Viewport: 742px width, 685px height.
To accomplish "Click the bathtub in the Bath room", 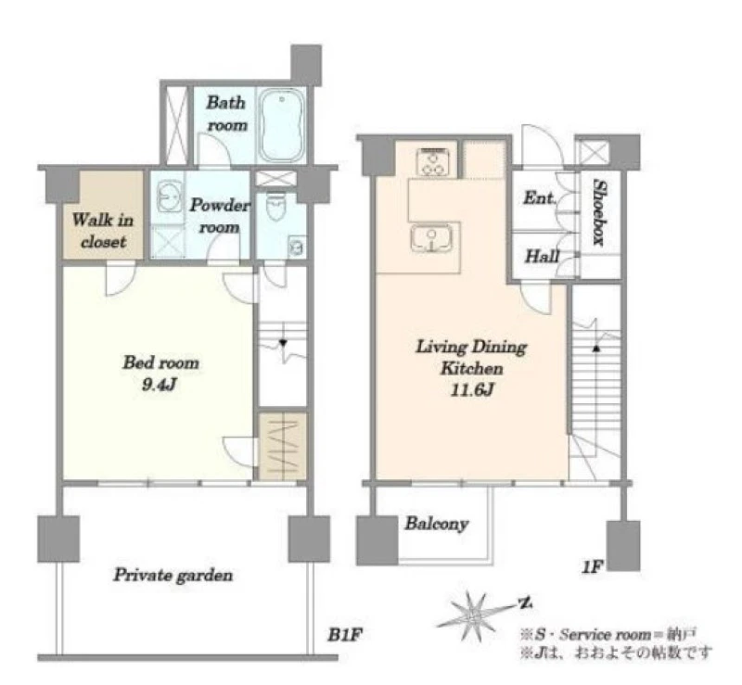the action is click(x=282, y=125).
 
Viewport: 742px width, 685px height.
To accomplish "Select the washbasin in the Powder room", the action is click(x=169, y=196).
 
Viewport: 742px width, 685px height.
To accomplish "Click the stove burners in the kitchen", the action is click(x=432, y=162).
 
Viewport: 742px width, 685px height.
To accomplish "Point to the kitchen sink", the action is click(x=431, y=238).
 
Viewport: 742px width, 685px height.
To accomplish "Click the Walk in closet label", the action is click(x=103, y=231).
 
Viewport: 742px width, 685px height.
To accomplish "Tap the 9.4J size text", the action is click(x=160, y=385).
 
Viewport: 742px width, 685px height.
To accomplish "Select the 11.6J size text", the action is click(x=471, y=390).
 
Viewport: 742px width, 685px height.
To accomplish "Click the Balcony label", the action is click(x=436, y=524).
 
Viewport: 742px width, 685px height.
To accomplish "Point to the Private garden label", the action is click(x=173, y=576).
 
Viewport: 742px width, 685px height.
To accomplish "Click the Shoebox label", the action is click(x=599, y=212).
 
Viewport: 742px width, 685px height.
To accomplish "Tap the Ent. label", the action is click(x=539, y=197).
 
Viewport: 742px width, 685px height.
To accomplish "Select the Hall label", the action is click(x=542, y=256).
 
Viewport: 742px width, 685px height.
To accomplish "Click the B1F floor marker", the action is click(x=345, y=634).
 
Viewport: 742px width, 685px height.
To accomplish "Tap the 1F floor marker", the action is click(x=593, y=566).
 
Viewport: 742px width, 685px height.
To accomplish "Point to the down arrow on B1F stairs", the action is click(x=283, y=343).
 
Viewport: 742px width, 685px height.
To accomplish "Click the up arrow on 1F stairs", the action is click(x=596, y=349).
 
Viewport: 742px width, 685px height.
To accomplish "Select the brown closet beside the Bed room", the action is click(x=283, y=446).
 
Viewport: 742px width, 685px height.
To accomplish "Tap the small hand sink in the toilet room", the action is click(x=297, y=247).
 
